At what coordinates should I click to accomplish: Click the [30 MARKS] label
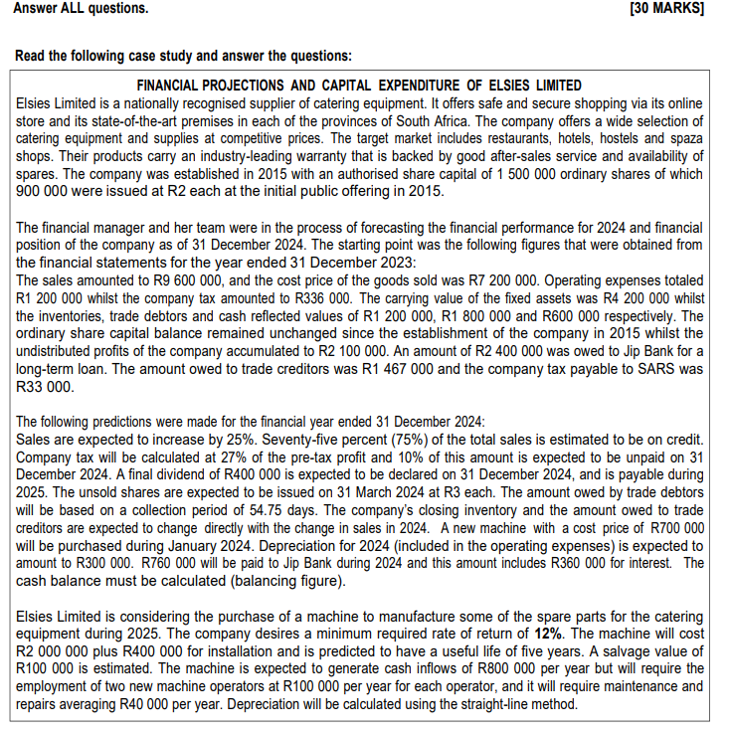coord(666,9)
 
